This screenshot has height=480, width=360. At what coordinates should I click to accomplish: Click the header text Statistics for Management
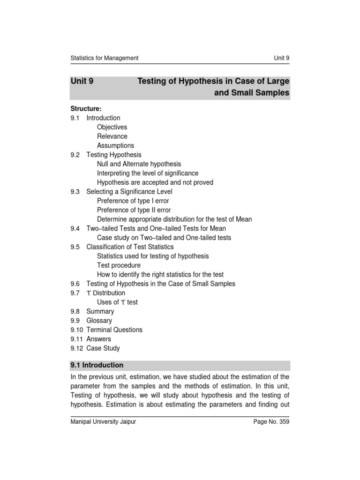[x=104, y=58]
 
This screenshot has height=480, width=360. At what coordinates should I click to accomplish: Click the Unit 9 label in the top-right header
[x=282, y=58]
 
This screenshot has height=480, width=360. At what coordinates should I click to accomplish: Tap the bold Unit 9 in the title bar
[x=82, y=82]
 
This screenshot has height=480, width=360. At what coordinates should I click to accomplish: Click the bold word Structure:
[x=86, y=109]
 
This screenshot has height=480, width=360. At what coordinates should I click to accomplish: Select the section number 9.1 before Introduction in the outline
[x=75, y=118]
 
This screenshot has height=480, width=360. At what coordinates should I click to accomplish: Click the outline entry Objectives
[x=112, y=127]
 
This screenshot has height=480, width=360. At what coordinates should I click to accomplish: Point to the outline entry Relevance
[x=112, y=136]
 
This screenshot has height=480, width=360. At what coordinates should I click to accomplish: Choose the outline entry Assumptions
[x=115, y=145]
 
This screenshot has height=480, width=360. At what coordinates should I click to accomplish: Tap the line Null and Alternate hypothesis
[x=139, y=164]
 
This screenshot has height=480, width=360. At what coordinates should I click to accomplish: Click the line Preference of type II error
[x=134, y=210]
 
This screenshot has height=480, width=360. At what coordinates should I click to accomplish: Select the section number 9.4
[x=75, y=228]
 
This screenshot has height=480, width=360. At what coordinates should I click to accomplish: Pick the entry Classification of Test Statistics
[x=130, y=247]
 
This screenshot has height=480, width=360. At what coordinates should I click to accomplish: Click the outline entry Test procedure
[x=119, y=265]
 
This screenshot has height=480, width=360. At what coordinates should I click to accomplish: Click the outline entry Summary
[x=100, y=311]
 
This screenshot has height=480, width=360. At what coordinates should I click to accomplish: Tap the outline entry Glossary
[x=99, y=321]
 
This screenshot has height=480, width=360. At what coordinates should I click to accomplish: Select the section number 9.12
[x=77, y=348]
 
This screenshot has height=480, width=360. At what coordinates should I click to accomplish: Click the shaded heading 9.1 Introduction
[x=97, y=365]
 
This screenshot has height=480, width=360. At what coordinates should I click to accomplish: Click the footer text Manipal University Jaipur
[x=103, y=422]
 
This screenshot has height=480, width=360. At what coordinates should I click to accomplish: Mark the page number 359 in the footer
[x=283, y=422]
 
